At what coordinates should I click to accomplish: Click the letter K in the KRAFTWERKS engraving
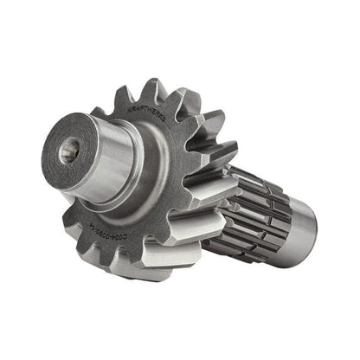point(129,110)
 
